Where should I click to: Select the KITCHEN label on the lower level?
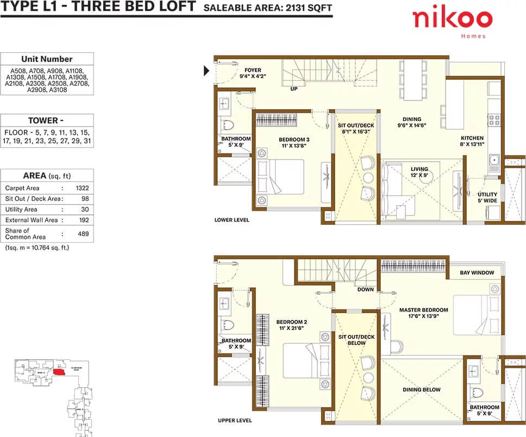pyautogui.click(x=472, y=138)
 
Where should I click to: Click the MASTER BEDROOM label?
pyautogui.click(x=423, y=310)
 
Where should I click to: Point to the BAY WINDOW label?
pyautogui.click(x=477, y=273)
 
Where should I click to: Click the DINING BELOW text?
pyautogui.click(x=422, y=390)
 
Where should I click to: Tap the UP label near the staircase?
pyautogui.click(x=294, y=88)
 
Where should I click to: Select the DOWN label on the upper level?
pyautogui.click(x=365, y=289)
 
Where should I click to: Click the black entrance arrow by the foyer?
pyautogui.click(x=206, y=70)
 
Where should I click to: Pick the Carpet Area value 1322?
pyautogui.click(x=83, y=188)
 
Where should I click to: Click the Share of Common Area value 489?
pyautogui.click(x=83, y=233)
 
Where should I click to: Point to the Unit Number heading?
pyautogui.click(x=47, y=59)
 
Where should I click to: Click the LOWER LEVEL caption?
pyautogui.click(x=232, y=220)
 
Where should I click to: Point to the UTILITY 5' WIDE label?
pyautogui.click(x=487, y=197)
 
